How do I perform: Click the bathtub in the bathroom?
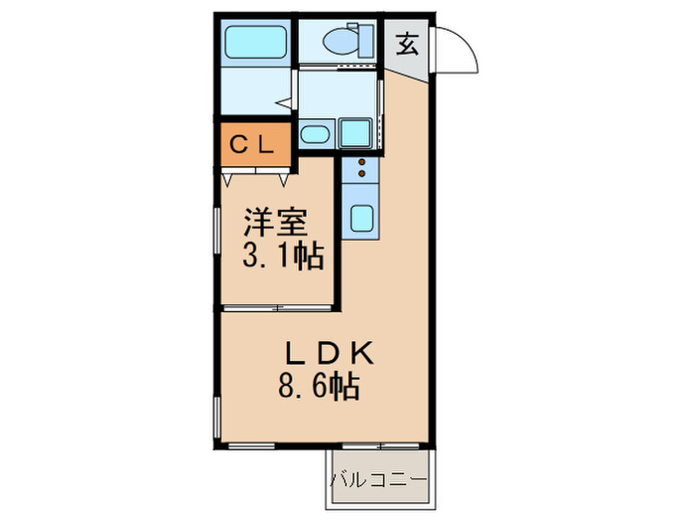[254, 42]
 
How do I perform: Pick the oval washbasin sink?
[316, 134]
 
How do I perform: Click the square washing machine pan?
[353, 132]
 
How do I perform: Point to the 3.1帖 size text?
[283, 257]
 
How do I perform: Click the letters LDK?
[328, 352]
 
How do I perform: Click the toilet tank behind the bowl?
[368, 41]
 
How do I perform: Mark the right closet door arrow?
[283, 180]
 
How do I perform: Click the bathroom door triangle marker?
[284, 102]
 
